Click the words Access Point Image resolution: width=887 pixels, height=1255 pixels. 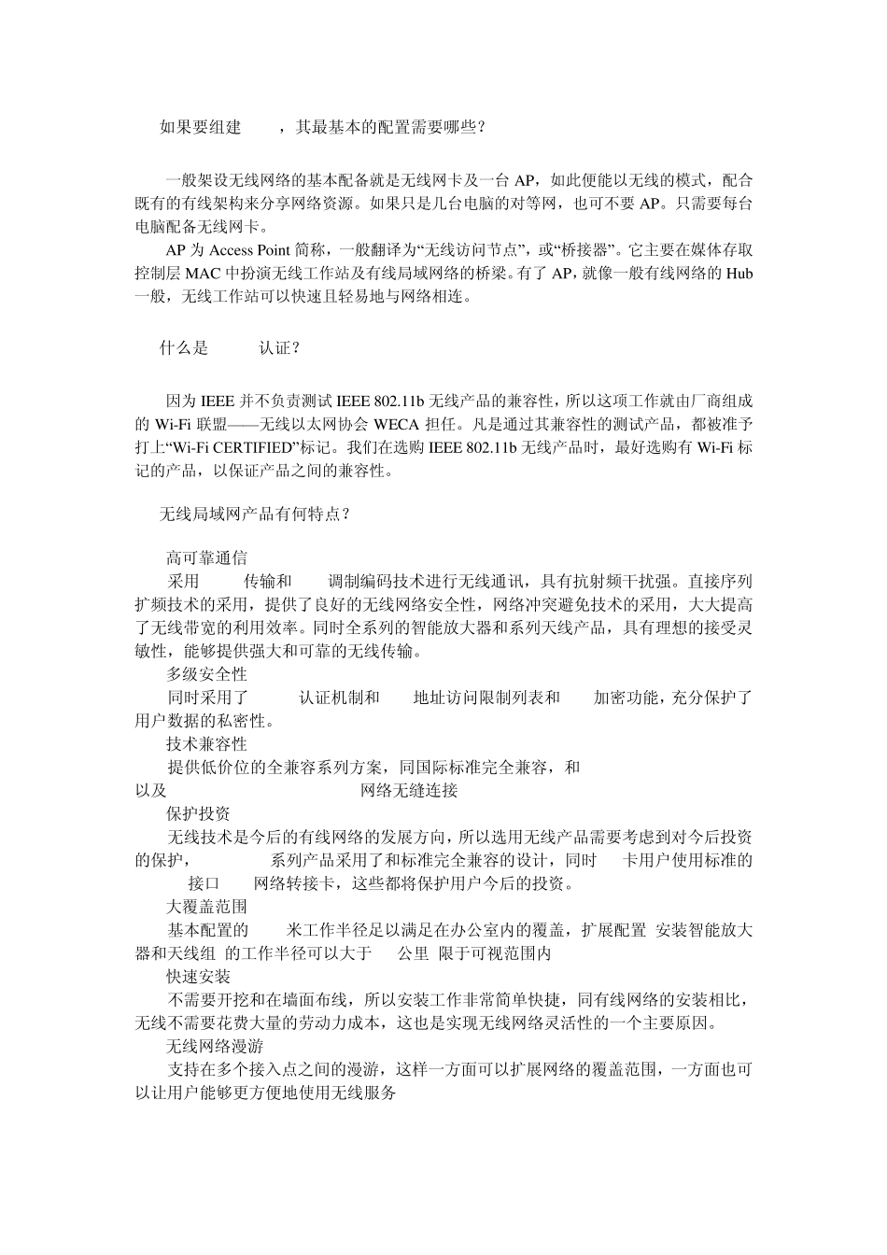point(250,250)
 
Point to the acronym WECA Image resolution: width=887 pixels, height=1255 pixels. point(396,424)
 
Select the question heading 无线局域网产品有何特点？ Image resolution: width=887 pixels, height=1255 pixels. point(255,515)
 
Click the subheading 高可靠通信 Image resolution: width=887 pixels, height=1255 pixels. point(207,558)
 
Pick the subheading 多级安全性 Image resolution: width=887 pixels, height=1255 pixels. point(207,674)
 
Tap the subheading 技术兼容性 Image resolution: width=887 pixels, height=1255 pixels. point(207,744)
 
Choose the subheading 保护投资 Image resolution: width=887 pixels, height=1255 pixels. point(199,813)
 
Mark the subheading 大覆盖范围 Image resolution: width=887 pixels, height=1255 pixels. point(207,907)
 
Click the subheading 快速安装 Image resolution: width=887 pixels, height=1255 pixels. point(199,977)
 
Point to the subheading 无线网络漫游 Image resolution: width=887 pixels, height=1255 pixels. point(215,1047)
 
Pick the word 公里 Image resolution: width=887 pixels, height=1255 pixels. point(415,953)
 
